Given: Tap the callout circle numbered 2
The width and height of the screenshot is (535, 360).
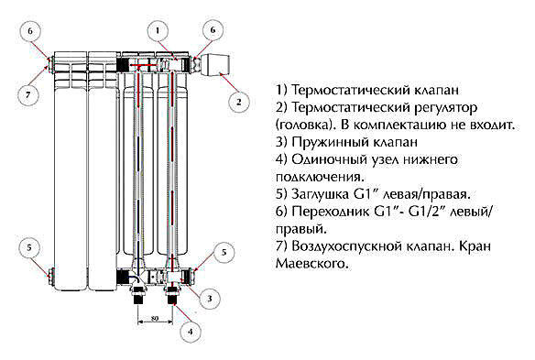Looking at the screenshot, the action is [240, 101].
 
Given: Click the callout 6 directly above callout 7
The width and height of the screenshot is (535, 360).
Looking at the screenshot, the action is [28, 31].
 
